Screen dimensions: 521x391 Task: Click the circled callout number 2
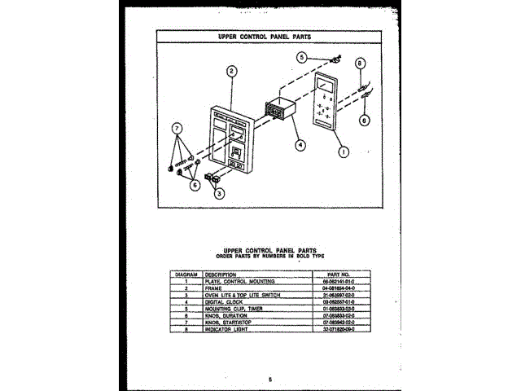(x=232, y=71)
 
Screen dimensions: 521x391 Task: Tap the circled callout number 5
(x=301, y=57)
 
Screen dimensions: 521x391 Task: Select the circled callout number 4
(x=300, y=144)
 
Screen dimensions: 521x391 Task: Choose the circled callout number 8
(x=361, y=63)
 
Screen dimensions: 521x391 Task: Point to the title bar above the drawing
(x=260, y=37)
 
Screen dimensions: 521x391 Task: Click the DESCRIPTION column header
(x=221, y=275)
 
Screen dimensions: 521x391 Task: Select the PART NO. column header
(x=336, y=275)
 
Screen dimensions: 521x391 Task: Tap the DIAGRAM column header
(x=186, y=275)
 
